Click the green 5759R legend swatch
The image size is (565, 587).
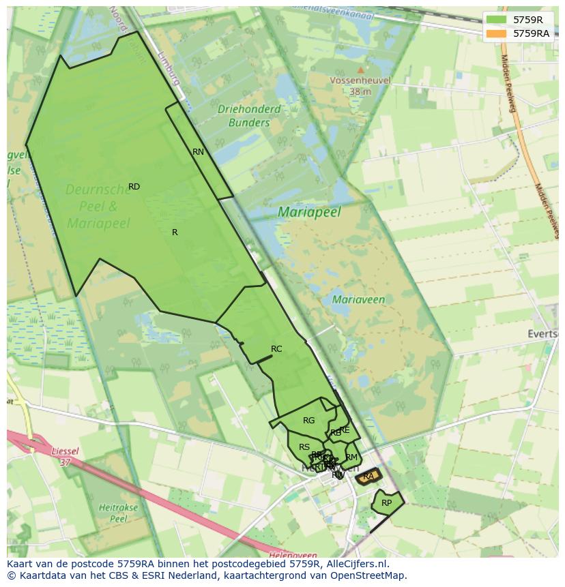496,20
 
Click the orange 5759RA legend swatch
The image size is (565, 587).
496,33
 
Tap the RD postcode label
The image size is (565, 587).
134,187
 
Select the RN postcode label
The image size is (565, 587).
198,152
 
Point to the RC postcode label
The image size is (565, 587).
276,349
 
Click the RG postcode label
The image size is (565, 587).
309,421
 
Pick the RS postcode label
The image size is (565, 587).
304,447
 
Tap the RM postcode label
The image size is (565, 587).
351,457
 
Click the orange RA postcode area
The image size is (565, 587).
368,476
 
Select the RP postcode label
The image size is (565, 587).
387,503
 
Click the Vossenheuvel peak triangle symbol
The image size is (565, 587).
360,70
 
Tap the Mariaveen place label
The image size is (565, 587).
358,299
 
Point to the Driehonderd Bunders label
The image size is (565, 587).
249,116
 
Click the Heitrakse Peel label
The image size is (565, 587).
119,513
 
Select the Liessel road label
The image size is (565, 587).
64,451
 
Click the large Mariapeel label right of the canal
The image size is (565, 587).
309,212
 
